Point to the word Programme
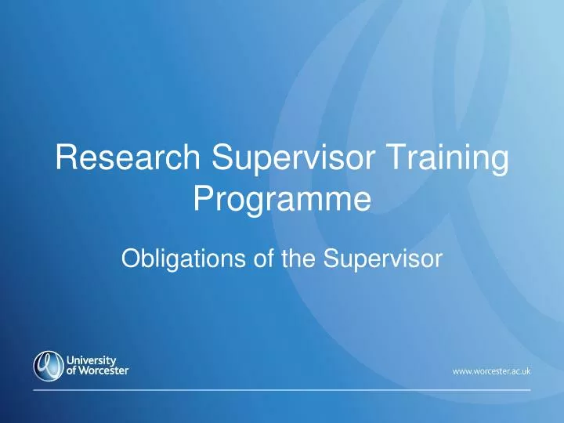pyautogui.click(x=281, y=201)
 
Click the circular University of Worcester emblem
pyautogui.click(x=48, y=364)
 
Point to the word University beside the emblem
pyautogui.click(x=95, y=360)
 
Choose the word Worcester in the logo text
pyautogui.click(x=104, y=370)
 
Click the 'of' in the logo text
pyautogui.click(x=73, y=370)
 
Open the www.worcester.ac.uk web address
pyautogui.click(x=491, y=371)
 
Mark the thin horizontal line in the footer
pyautogui.click(x=282, y=389)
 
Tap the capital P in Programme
pyautogui.click(x=202, y=201)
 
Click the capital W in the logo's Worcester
pyautogui.click(x=87, y=370)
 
